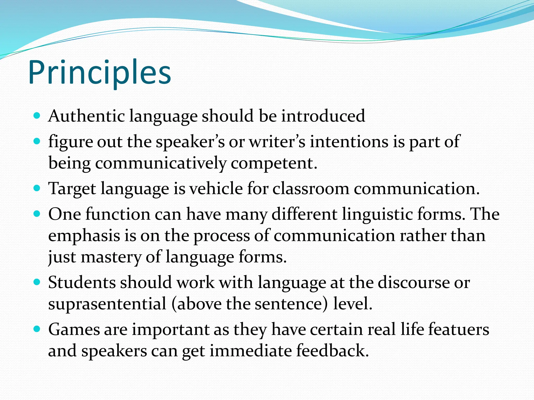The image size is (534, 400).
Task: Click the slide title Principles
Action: (x=100, y=72)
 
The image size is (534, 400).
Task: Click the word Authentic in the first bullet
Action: (x=86, y=116)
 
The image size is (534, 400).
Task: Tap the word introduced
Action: (x=323, y=116)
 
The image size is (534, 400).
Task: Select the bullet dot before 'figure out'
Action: (x=37, y=141)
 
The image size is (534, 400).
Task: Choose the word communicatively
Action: (x=161, y=164)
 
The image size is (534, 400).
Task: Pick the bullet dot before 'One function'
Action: (x=37, y=214)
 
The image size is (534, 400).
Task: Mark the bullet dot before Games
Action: (x=37, y=329)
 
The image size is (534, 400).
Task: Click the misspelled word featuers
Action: (x=459, y=329)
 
